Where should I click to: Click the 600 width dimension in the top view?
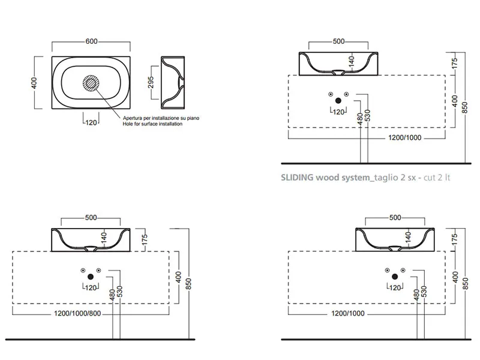[x=92, y=41]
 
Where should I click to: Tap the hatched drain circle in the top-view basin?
[x=92, y=83]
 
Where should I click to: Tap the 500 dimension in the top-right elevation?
[x=338, y=41]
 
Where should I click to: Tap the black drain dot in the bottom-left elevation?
[x=91, y=277]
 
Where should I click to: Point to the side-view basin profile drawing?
[x=174, y=80]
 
